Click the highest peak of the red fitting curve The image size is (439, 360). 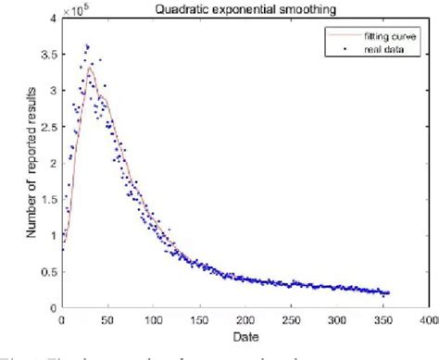(x=89, y=67)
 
